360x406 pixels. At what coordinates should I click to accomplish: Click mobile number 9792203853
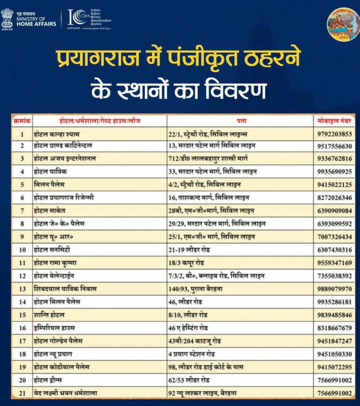(335, 134)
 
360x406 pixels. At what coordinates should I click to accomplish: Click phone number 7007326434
(335, 237)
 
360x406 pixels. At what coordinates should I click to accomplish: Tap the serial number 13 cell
(22, 289)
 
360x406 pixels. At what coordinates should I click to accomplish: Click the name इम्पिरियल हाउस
(54, 328)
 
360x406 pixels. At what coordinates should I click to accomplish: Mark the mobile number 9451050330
(335, 354)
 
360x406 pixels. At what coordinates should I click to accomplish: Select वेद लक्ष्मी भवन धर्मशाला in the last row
(65, 393)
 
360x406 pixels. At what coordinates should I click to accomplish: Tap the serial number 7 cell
(22, 211)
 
